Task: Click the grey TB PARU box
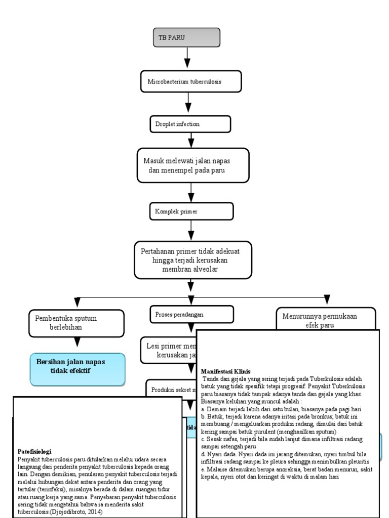[x=186, y=38]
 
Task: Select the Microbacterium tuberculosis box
[x=190, y=81]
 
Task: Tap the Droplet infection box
[x=190, y=124]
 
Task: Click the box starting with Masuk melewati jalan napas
[x=192, y=165]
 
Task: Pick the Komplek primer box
[x=191, y=211]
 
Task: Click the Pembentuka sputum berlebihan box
[x=76, y=323]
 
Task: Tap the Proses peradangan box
[x=192, y=314]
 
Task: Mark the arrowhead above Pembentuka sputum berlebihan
[x=77, y=302]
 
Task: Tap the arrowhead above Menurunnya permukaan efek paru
[x=327, y=299]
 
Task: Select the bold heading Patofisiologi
[x=34, y=451]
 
